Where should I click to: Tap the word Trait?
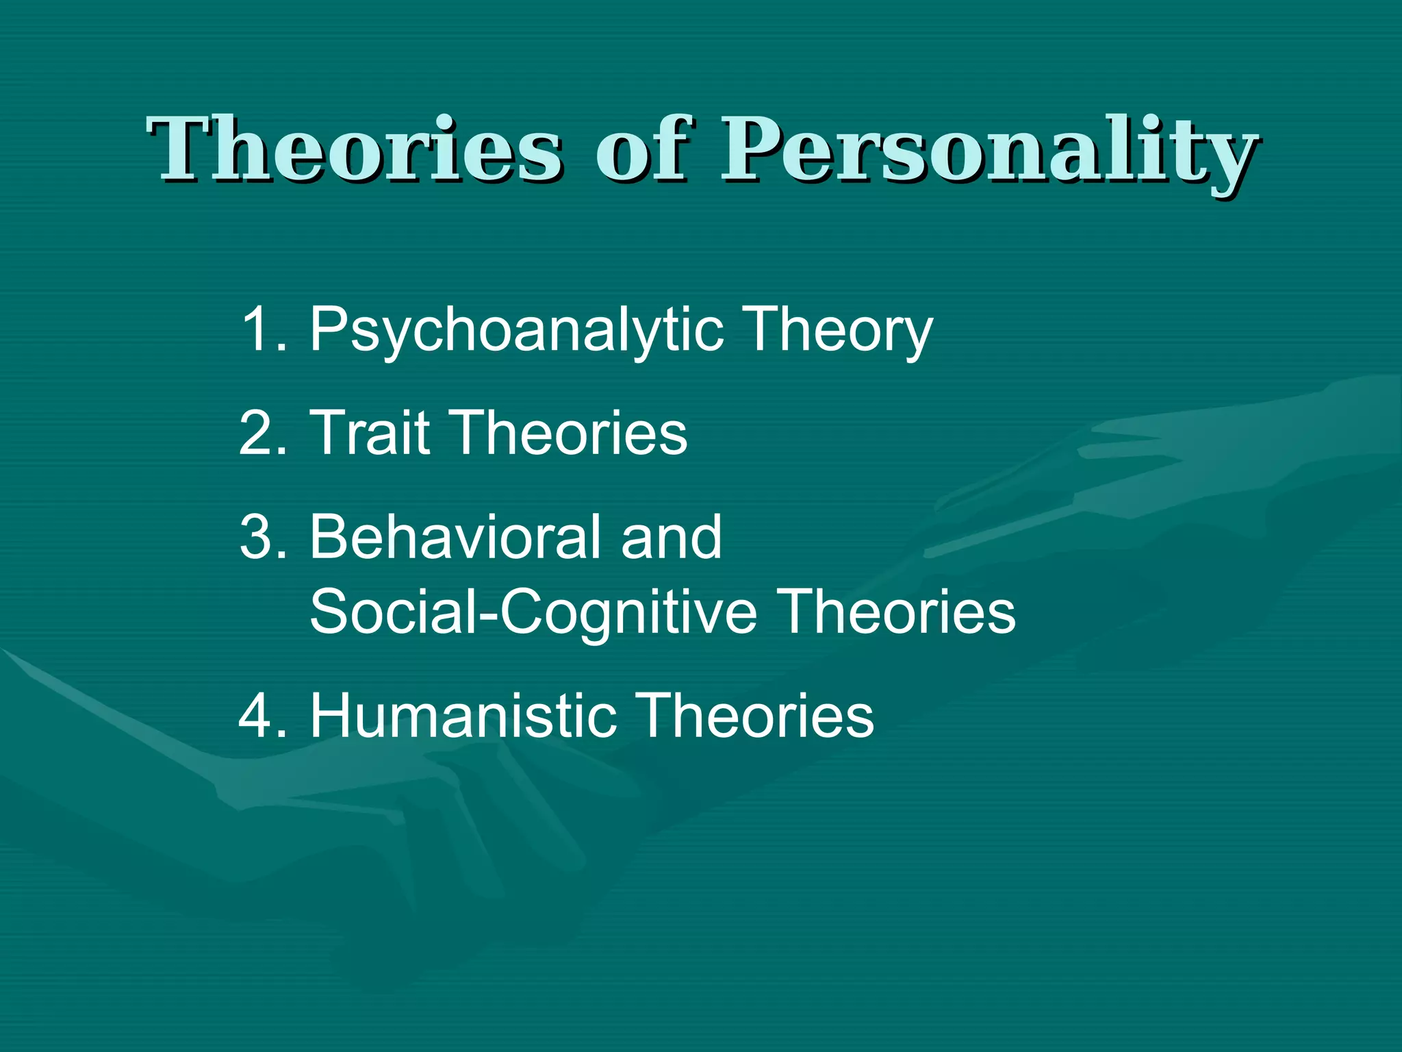click(370, 433)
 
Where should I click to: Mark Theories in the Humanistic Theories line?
click(756, 715)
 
